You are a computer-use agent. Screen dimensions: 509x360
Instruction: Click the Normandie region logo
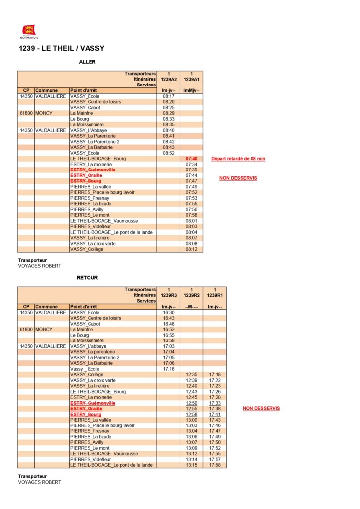pos(29,31)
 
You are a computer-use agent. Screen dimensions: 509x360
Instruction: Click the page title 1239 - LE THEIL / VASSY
pos(61,48)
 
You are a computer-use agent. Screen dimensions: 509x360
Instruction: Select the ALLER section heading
pos(87,62)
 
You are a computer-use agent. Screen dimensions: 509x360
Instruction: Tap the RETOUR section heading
pos(87,278)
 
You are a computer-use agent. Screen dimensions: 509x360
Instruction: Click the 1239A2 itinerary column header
pos(168,79)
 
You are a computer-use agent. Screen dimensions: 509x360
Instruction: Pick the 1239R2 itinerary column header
pos(191,295)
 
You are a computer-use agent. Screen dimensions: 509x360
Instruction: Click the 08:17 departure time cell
pos(168,96)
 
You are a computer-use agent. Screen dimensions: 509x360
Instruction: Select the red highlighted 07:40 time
pos(191,159)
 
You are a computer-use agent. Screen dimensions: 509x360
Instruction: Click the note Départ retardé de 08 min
pos(238,159)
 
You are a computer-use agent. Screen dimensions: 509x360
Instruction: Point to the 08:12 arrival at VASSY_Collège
pos(191,249)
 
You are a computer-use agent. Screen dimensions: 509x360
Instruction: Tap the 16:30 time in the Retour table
pos(168,312)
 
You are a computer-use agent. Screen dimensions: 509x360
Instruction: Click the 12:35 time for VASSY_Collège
pos(191,374)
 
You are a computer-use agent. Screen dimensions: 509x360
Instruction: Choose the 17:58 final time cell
pos(215,465)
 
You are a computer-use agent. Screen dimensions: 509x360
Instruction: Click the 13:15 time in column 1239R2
pos(191,465)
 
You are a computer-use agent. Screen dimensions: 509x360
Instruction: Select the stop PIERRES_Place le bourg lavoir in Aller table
pos(102,192)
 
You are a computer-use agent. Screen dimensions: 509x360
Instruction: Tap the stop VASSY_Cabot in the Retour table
pos(85,324)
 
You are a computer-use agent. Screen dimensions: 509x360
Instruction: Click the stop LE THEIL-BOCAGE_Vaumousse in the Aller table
pos(104,221)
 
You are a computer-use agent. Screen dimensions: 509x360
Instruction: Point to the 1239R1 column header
pos(215,295)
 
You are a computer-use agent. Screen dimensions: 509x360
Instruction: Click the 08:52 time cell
pos(168,153)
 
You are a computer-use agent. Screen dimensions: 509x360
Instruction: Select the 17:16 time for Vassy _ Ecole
pos(168,369)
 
